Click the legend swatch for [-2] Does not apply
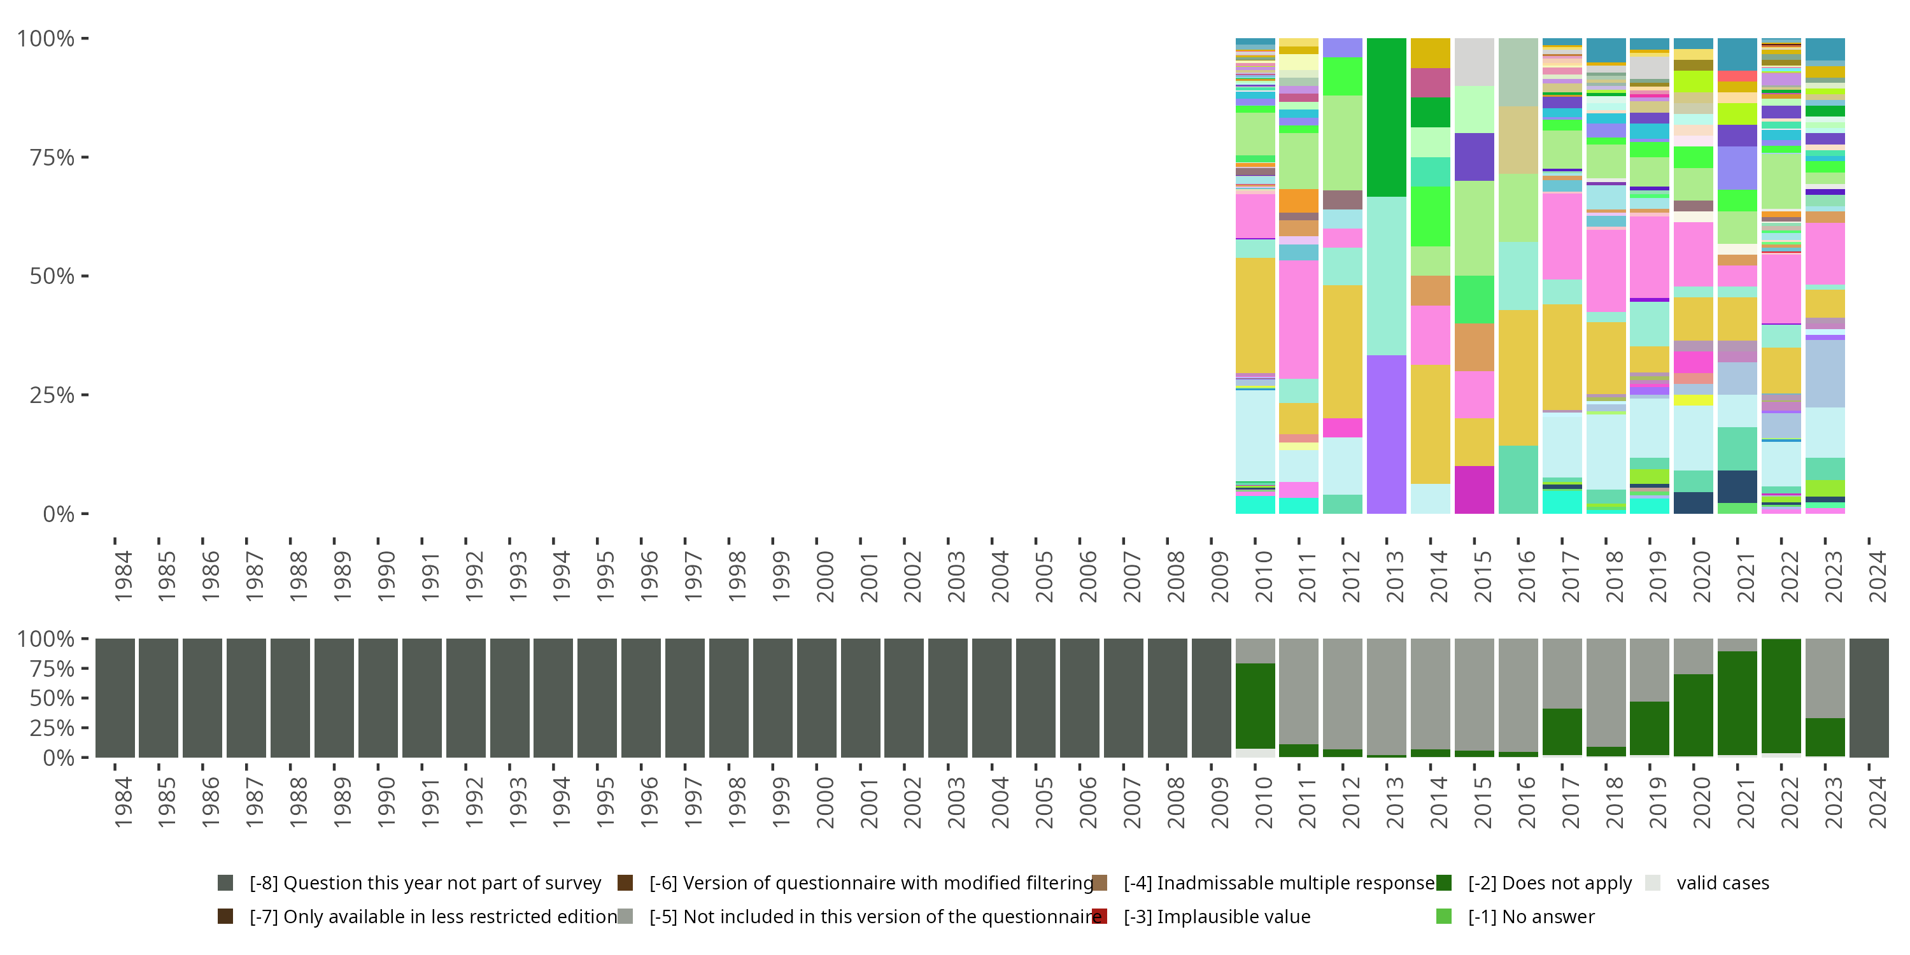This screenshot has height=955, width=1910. coord(1443,882)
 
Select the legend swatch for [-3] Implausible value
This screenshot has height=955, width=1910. coord(1100,916)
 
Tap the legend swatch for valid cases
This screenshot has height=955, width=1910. coord(1652,882)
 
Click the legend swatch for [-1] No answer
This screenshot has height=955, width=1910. coord(1443,916)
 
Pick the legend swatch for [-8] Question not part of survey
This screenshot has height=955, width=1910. coord(225,882)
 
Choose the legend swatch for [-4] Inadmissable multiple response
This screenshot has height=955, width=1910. coord(1100,882)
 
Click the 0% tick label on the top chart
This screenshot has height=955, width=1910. coord(59,514)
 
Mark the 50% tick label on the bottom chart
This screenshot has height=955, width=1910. coord(45,698)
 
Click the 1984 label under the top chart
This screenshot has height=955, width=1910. coord(123,576)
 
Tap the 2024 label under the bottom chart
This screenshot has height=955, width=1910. coord(1877,802)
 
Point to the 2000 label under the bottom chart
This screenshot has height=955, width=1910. coord(824,802)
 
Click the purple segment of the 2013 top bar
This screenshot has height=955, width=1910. coord(1387,434)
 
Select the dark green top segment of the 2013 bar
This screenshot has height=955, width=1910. coord(1387,117)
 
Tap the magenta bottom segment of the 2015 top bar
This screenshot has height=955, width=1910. coord(1474,490)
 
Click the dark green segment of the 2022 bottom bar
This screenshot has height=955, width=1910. coord(1781,695)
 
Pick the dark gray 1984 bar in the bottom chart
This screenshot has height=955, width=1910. coord(116,698)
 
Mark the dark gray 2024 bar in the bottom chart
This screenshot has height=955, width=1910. coord(1869,698)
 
